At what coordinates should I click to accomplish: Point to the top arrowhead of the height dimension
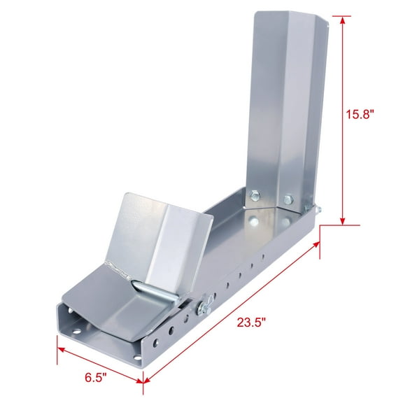[343, 20]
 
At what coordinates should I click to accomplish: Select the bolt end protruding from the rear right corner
[318, 208]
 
